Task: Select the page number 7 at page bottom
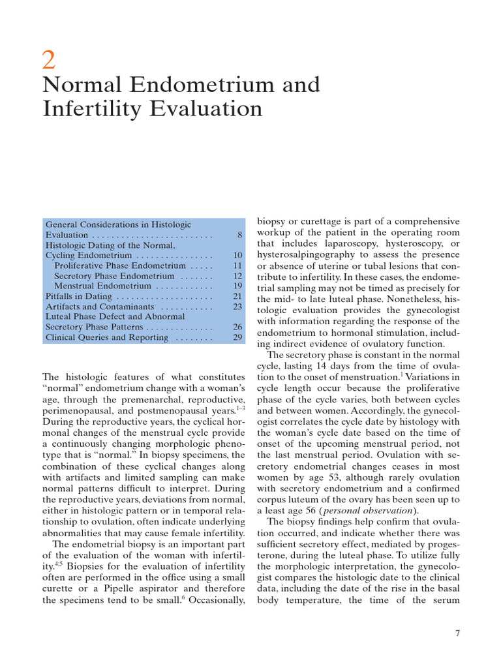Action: [x=457, y=633]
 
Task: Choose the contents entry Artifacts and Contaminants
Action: [x=99, y=306]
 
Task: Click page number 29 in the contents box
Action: [x=237, y=337]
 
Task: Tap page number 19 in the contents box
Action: [x=237, y=286]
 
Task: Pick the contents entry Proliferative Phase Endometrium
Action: [x=120, y=266]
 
